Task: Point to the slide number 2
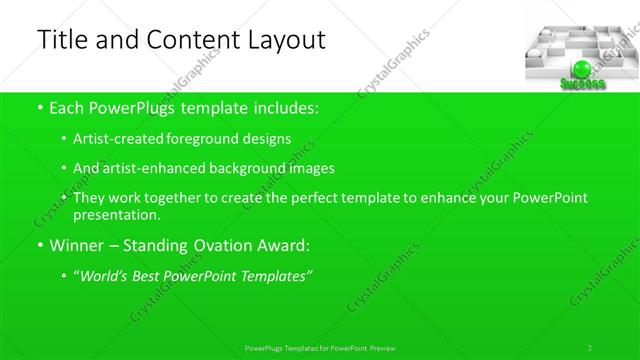coord(590,348)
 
